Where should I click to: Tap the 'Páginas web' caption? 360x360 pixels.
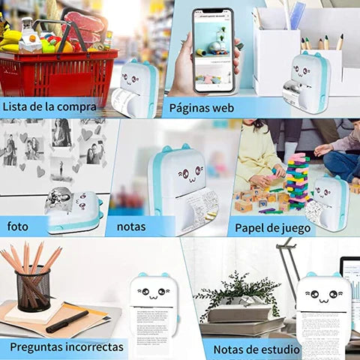tap(201, 107)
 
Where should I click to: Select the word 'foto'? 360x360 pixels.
tap(18, 226)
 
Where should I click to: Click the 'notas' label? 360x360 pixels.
tap(131, 226)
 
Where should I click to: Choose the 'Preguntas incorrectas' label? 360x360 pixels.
tap(67, 347)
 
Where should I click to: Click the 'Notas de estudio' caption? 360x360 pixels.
tap(256, 349)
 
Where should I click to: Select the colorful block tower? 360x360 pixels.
tap(297, 180)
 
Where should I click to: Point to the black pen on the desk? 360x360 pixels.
tap(67, 322)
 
